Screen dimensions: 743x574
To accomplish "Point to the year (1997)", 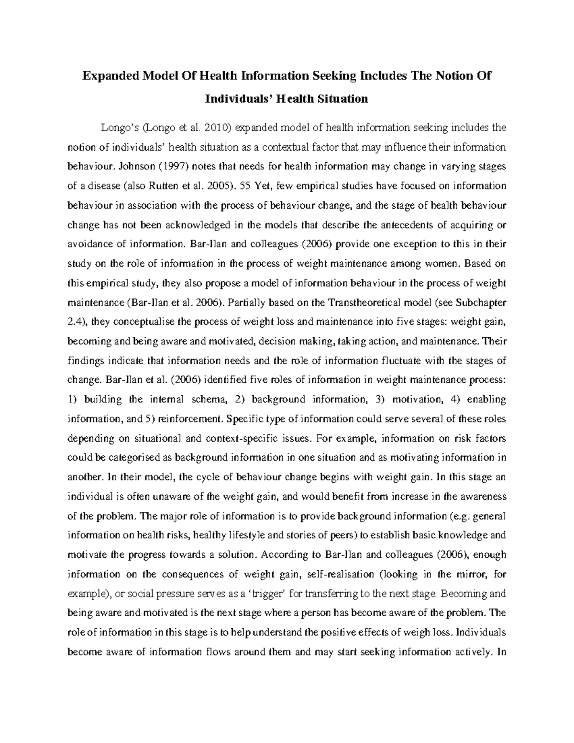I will coord(176,166).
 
